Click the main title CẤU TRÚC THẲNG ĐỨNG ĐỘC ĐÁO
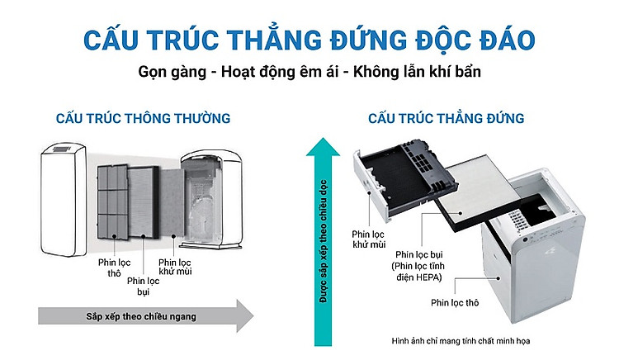click(x=309, y=39)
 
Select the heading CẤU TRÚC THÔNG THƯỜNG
click(x=143, y=118)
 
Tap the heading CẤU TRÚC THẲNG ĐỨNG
click(x=446, y=118)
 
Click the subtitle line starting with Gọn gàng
click(x=309, y=72)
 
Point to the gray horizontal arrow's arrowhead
click(x=245, y=315)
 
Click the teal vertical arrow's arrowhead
click(x=323, y=147)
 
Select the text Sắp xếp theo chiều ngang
click(x=141, y=316)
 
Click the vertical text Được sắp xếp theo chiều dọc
click(x=324, y=241)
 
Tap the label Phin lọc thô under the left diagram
click(x=114, y=268)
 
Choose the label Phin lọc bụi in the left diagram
click(x=144, y=287)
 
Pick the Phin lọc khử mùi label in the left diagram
click(x=175, y=267)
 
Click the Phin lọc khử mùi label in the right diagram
click(x=369, y=239)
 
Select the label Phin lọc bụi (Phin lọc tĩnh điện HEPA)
click(x=419, y=266)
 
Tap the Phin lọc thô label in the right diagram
click(x=455, y=303)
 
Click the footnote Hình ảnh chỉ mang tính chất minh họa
click(x=461, y=341)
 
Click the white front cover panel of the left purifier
click(x=64, y=200)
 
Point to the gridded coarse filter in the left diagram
click(x=113, y=201)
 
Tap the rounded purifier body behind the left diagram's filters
click(x=211, y=199)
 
